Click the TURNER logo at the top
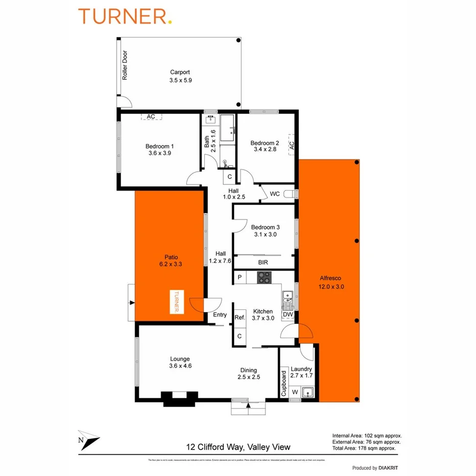125,16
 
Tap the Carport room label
180,73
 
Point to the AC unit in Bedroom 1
151,116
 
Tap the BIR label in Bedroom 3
263,263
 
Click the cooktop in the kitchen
264,277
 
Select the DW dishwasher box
287,315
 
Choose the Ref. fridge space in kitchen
240,318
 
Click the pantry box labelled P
239,278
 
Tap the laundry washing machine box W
295,392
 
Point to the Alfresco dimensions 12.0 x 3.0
330,287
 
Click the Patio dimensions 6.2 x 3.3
170,265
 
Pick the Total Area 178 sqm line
364,448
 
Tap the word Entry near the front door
220,315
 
